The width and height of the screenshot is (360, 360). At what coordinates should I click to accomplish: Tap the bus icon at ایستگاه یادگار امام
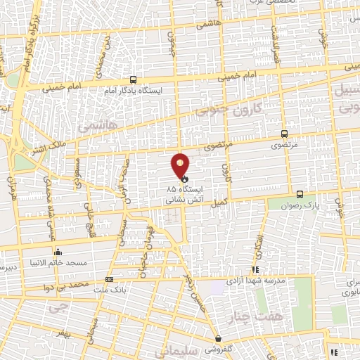pyautogui.click(x=134, y=80)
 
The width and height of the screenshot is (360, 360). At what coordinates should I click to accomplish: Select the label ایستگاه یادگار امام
pyautogui.click(x=133, y=91)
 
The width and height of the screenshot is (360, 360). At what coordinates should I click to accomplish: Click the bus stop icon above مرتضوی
pyautogui.click(x=284, y=133)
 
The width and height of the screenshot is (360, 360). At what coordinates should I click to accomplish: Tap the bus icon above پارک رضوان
pyautogui.click(x=300, y=194)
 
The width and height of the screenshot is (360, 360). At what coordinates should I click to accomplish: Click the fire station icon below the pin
pyautogui.click(x=175, y=180)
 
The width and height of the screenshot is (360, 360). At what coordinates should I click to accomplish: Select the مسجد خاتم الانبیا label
pyautogui.click(x=58, y=262)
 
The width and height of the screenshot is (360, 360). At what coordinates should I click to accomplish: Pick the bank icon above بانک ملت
pyautogui.click(x=108, y=279)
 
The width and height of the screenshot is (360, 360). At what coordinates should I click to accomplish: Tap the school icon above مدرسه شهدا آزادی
pyautogui.click(x=256, y=269)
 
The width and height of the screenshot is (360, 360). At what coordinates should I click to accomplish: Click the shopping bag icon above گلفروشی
pyautogui.click(x=218, y=338)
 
